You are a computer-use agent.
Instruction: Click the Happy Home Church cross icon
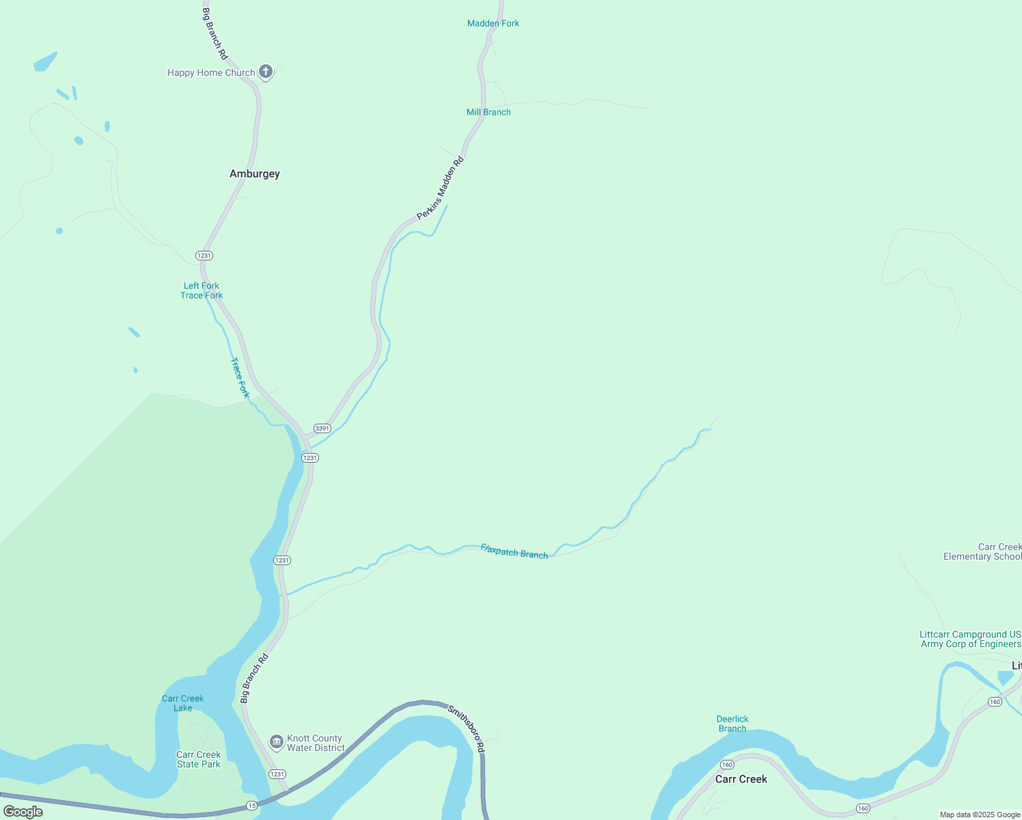coord(266,72)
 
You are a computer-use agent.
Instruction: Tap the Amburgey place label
coord(254,174)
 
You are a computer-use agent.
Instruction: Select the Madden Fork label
coord(493,23)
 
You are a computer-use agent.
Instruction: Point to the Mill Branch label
coord(488,112)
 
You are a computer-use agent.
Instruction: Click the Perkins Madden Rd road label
coord(440,189)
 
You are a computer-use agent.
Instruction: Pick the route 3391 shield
coord(322,428)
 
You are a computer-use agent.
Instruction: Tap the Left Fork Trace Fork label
coord(202,290)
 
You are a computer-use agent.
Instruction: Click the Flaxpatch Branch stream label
coord(514,551)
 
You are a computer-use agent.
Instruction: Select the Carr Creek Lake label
coord(182,703)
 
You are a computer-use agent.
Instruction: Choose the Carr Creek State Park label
coord(198,759)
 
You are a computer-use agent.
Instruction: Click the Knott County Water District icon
coord(277,741)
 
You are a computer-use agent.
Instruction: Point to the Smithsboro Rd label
coord(467,729)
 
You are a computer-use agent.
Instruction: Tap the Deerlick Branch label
coord(732,724)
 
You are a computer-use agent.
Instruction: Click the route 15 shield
coord(252,806)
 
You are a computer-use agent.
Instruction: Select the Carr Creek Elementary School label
coord(982,551)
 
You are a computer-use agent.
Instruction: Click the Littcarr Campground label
coord(970,639)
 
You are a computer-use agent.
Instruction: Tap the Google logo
coord(23,812)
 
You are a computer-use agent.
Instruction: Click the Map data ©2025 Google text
coord(980,815)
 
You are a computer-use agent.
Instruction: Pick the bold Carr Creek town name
coord(741,779)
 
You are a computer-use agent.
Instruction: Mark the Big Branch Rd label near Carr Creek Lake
coord(254,679)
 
